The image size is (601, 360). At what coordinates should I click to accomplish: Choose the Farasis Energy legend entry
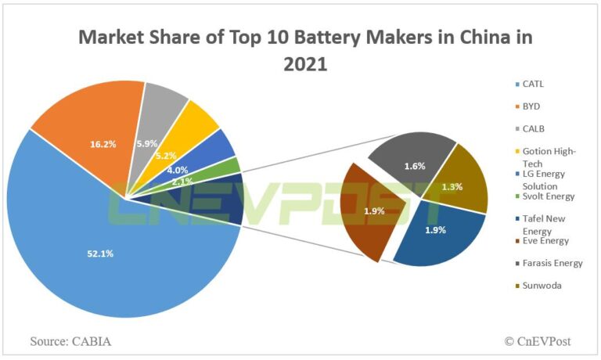click(x=551, y=263)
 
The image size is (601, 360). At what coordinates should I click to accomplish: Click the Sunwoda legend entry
click(x=538, y=286)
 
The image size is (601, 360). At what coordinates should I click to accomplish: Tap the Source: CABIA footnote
click(x=70, y=341)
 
